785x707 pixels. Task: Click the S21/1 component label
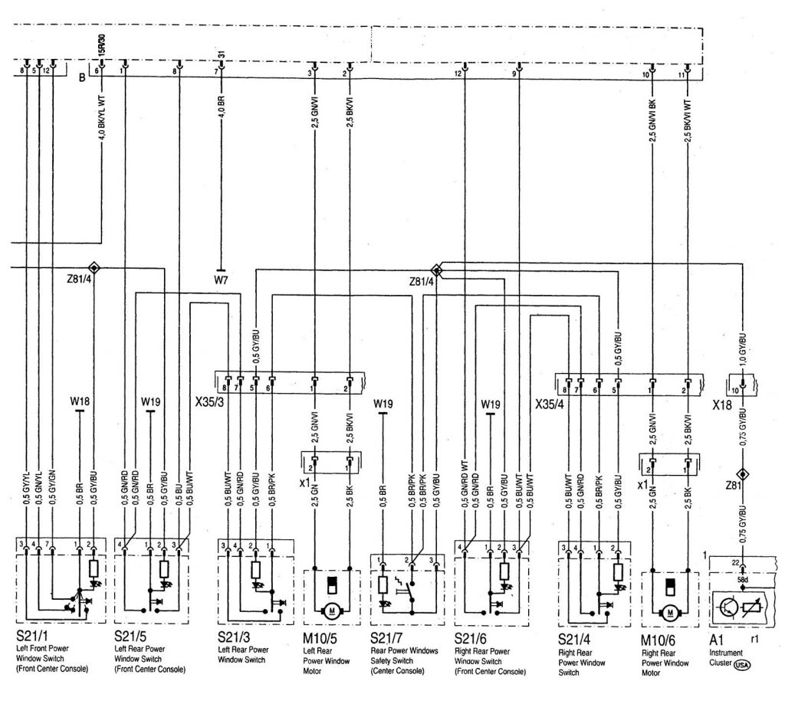pyautogui.click(x=31, y=636)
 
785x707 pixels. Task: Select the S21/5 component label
pyautogui.click(x=130, y=636)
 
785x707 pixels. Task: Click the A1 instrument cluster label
pyautogui.click(x=717, y=636)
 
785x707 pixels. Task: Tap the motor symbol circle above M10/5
pyautogui.click(x=332, y=610)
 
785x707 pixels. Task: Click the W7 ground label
pyautogui.click(x=221, y=280)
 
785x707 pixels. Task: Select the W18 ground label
pyautogui.click(x=80, y=400)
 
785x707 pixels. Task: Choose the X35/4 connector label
pyautogui.click(x=550, y=401)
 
